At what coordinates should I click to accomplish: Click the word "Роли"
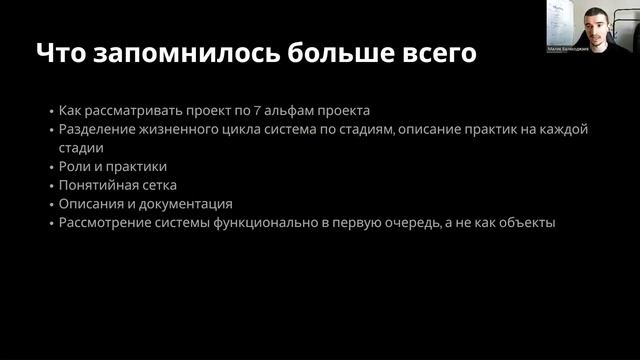pos(75,166)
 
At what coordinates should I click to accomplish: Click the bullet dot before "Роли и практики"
pos(50,167)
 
